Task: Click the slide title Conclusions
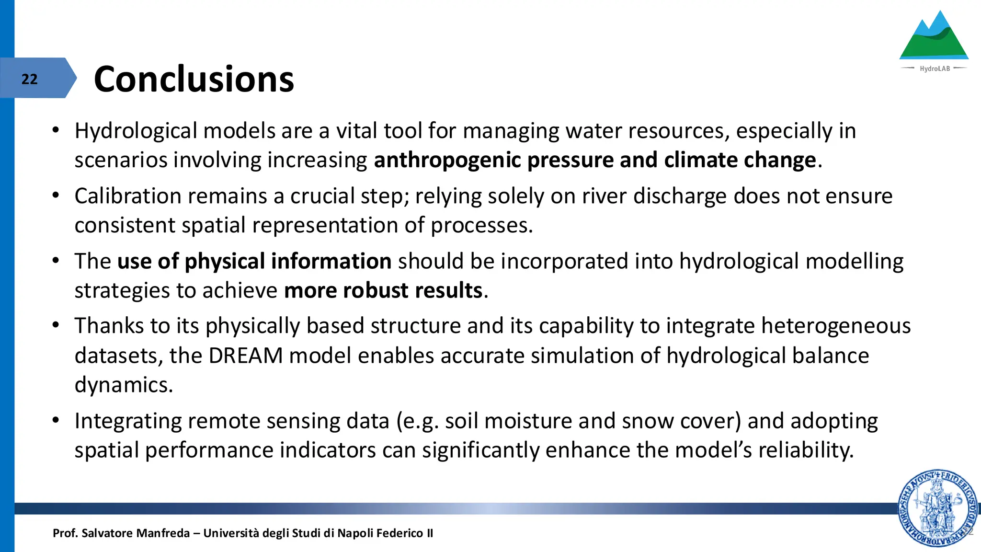tap(194, 79)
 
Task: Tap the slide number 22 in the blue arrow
tap(29, 79)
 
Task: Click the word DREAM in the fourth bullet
tap(245, 356)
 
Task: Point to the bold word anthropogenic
tap(447, 160)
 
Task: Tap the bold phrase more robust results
tap(383, 291)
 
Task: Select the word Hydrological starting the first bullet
tap(136, 131)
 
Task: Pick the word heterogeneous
tap(836, 326)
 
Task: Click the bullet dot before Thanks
tap(56, 326)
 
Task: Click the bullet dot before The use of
tap(56, 261)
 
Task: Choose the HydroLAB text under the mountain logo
tap(935, 69)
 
